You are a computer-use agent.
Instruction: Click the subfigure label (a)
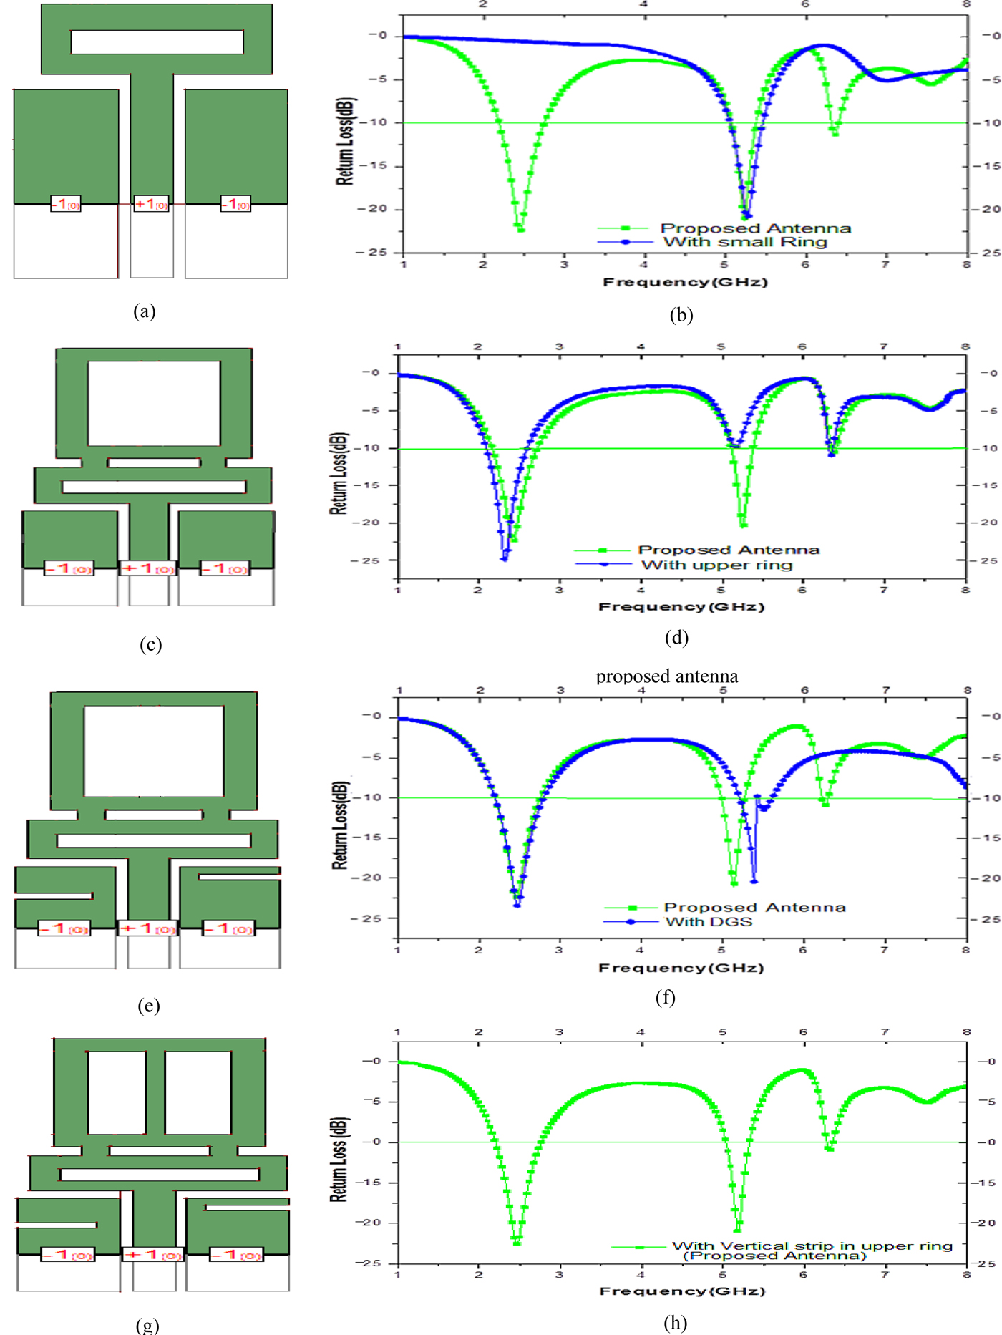point(144,311)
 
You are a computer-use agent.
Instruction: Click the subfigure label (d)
point(676,637)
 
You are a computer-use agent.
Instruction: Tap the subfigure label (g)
point(147,1324)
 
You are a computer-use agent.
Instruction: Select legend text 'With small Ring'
point(745,242)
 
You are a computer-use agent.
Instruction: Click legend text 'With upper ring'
point(717,565)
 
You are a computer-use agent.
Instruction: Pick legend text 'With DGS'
point(709,921)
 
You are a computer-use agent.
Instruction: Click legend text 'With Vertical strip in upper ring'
point(812,1246)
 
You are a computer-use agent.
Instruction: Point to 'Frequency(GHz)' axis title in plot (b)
point(685,282)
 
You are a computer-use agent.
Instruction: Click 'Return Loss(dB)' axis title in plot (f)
point(339,825)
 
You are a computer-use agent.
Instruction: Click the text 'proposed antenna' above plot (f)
point(667,676)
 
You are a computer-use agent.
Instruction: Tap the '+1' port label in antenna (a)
point(152,204)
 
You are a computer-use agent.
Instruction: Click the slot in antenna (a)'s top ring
point(157,42)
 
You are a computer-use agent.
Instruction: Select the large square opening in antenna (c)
point(154,403)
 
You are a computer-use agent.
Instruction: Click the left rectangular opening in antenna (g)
point(117,1092)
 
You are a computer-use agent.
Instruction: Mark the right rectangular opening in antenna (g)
point(198,1092)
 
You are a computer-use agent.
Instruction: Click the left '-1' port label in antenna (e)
point(64,928)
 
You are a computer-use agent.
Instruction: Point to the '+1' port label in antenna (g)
point(153,1254)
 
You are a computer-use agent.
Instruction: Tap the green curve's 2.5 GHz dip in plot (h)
point(517,1242)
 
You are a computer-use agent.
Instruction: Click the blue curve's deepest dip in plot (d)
point(505,558)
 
